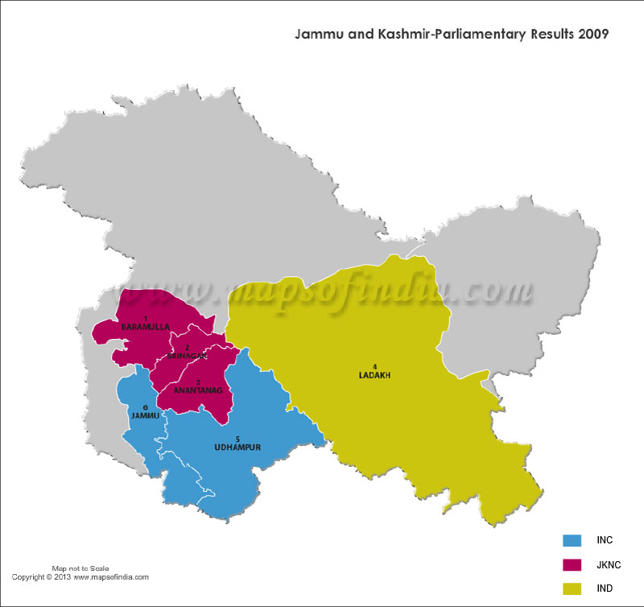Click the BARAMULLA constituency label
(146, 328)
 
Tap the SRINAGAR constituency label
(188, 355)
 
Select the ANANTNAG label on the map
(197, 390)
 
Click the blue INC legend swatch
(572, 540)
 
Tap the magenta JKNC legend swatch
(572, 564)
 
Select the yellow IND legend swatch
(572, 588)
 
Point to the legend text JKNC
(610, 564)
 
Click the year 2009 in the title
(592, 35)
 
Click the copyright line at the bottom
(80, 577)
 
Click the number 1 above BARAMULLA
(146, 320)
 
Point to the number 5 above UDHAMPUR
(237, 438)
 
